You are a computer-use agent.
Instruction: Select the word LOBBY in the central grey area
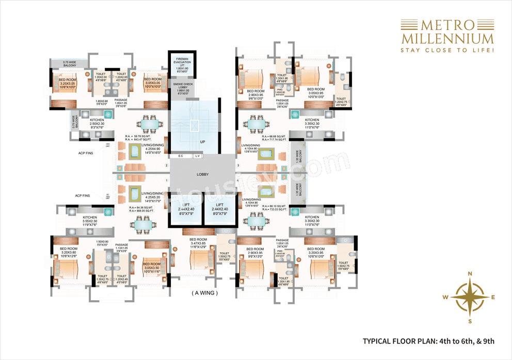click(202, 174)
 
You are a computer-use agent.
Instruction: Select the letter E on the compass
click(493, 297)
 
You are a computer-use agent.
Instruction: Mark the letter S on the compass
click(470, 321)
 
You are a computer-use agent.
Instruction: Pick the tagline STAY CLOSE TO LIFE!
click(447, 50)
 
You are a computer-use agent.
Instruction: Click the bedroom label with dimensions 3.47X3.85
click(198, 243)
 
